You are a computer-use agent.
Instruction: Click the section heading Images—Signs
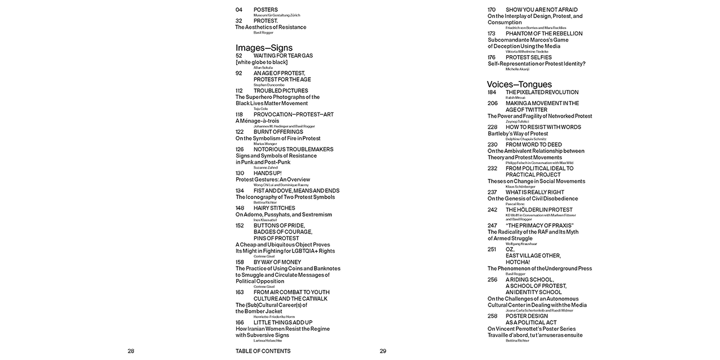(264, 48)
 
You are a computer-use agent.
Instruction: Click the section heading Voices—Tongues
(519, 84)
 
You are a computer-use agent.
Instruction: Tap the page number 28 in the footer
(131, 351)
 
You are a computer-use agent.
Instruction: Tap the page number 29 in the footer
(383, 351)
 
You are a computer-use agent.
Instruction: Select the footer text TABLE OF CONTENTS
(263, 351)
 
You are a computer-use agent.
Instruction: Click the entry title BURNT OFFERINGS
(278, 132)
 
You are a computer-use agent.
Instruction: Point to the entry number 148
(240, 208)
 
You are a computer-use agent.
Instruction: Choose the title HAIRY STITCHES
(274, 208)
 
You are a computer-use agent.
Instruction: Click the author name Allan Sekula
(263, 67)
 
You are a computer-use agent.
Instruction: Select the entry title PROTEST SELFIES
(529, 57)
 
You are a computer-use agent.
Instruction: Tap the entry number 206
(493, 103)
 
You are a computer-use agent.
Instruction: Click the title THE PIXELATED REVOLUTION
(542, 92)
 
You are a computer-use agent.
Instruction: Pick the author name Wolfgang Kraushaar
(521, 244)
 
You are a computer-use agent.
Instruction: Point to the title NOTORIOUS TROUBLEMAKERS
(293, 149)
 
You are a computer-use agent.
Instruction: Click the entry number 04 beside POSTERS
(239, 10)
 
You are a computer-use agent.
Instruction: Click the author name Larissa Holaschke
(268, 341)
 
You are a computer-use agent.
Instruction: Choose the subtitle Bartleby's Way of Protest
(517, 134)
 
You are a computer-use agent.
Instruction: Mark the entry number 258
(492, 316)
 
